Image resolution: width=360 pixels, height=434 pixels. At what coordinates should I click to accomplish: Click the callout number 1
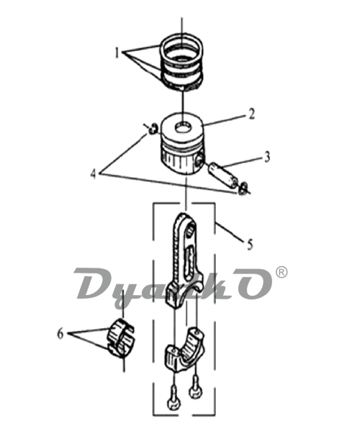[117, 53]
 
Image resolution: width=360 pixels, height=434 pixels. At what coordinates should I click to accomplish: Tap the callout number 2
[251, 114]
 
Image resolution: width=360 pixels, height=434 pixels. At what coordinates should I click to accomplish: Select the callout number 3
[266, 157]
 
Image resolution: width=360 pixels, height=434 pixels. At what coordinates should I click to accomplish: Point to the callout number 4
[94, 174]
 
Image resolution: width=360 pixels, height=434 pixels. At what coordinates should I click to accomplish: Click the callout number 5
[250, 245]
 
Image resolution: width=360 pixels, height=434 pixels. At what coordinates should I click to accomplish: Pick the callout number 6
[60, 334]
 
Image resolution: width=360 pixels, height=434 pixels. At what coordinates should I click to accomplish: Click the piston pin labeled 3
[223, 176]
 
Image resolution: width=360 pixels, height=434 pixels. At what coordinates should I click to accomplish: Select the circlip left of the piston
[153, 129]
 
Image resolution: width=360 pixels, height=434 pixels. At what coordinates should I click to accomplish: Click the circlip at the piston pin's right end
[243, 189]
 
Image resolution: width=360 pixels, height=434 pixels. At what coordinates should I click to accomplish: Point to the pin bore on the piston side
[199, 161]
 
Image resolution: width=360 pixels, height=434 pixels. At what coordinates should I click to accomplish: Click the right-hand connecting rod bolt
[196, 386]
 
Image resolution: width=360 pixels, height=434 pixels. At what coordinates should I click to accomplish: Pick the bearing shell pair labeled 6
[121, 337]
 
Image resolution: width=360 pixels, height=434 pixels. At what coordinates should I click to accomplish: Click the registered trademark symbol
[282, 272]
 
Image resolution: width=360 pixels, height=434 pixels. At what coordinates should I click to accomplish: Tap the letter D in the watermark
[96, 283]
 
